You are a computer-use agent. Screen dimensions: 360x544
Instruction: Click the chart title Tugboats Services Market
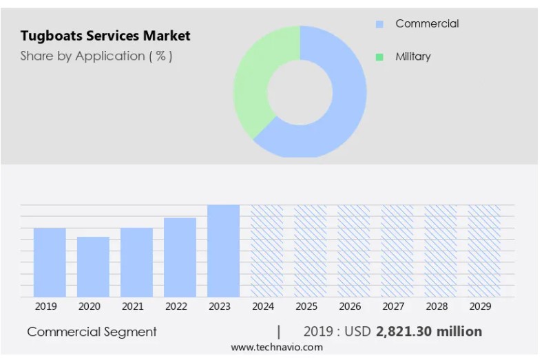[x=105, y=35]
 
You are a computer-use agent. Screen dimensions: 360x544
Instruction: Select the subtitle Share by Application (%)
[x=96, y=56]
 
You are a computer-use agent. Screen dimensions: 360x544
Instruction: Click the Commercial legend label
[x=426, y=23]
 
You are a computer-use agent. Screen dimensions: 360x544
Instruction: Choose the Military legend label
[x=412, y=56]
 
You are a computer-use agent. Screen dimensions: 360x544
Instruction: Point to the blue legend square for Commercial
[x=379, y=24]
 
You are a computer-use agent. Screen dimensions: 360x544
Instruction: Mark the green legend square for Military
[x=379, y=57]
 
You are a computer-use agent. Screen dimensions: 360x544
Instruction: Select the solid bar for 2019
[x=50, y=262]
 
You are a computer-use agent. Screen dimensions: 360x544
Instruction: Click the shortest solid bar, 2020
[x=93, y=266]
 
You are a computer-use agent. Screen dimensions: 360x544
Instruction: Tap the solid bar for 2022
[x=180, y=257]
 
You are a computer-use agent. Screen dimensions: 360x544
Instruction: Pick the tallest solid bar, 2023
[x=223, y=251]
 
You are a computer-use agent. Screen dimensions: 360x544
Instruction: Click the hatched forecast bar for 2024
[x=266, y=251]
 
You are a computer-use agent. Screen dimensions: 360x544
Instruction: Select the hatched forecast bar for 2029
[x=484, y=251]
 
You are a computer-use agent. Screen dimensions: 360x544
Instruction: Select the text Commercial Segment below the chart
[x=92, y=332]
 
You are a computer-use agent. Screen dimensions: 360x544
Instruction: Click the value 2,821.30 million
[x=428, y=332]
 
